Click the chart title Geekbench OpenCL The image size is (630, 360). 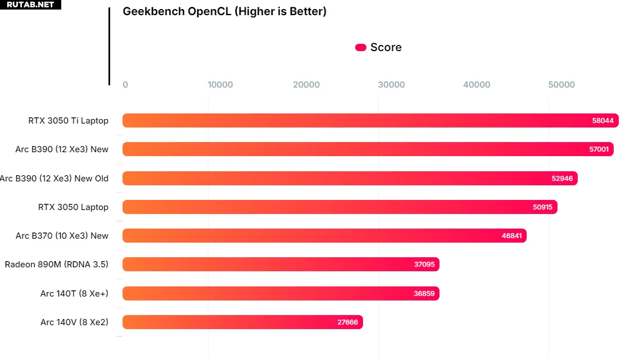(224, 11)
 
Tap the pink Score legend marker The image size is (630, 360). (361, 48)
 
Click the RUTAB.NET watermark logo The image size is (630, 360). (30, 4)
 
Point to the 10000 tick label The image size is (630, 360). (220, 85)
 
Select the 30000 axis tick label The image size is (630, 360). (391, 85)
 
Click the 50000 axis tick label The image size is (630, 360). (561, 85)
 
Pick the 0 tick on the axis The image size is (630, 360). (125, 85)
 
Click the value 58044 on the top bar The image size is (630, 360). (603, 121)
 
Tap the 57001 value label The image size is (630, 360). (598, 149)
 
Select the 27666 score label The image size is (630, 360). (347, 322)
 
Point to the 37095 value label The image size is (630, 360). (424, 265)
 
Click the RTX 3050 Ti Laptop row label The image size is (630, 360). (69, 121)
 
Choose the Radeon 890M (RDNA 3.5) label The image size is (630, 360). (56, 265)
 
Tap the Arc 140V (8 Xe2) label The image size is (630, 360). (74, 322)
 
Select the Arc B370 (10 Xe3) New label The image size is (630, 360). (62, 236)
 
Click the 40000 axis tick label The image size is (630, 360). (477, 85)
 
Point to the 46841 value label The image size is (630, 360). (511, 236)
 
